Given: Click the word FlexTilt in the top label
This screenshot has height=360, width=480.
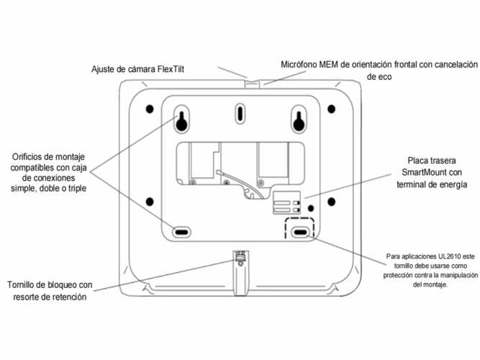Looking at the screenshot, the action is [x=171, y=69].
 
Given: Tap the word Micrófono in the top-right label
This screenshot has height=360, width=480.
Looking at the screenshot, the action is [x=299, y=65].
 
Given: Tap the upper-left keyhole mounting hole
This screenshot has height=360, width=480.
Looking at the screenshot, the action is [x=182, y=120].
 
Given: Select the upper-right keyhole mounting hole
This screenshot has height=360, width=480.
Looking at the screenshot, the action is [x=299, y=120].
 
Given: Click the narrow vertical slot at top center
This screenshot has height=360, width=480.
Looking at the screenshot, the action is [x=240, y=114].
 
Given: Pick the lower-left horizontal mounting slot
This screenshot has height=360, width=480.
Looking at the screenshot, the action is [x=182, y=232].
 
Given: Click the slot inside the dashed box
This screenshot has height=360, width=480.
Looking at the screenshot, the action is [x=300, y=232].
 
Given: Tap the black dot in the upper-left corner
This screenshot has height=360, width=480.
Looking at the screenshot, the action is [x=150, y=109].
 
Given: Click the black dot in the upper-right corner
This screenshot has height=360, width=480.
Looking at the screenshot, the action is [x=331, y=109].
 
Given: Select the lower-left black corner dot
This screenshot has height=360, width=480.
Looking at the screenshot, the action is [x=150, y=202].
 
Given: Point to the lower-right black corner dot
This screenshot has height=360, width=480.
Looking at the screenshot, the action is [x=331, y=202].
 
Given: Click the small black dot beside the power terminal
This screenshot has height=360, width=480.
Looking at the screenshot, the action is [x=311, y=209].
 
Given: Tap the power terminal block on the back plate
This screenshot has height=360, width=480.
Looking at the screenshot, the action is [x=287, y=202].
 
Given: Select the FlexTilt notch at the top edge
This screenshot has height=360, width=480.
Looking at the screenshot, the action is [x=251, y=84].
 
